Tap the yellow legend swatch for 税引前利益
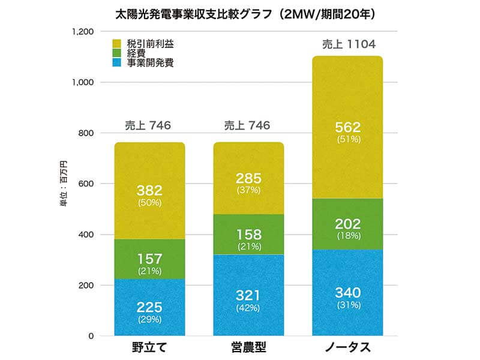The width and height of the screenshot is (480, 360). click(x=118, y=44)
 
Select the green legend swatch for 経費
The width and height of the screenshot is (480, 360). click(x=118, y=53)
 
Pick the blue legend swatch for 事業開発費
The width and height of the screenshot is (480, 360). click(x=118, y=62)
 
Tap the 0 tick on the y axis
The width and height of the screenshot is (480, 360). click(x=90, y=336)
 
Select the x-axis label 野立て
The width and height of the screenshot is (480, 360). click(x=149, y=348)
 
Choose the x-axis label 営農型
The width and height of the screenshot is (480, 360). click(x=248, y=348)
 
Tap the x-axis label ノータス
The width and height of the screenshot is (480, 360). click(x=347, y=348)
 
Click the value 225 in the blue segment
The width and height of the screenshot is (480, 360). click(x=149, y=307)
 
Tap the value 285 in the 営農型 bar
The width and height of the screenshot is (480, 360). click(x=248, y=178)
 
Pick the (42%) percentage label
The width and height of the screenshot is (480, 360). click(x=248, y=308)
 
